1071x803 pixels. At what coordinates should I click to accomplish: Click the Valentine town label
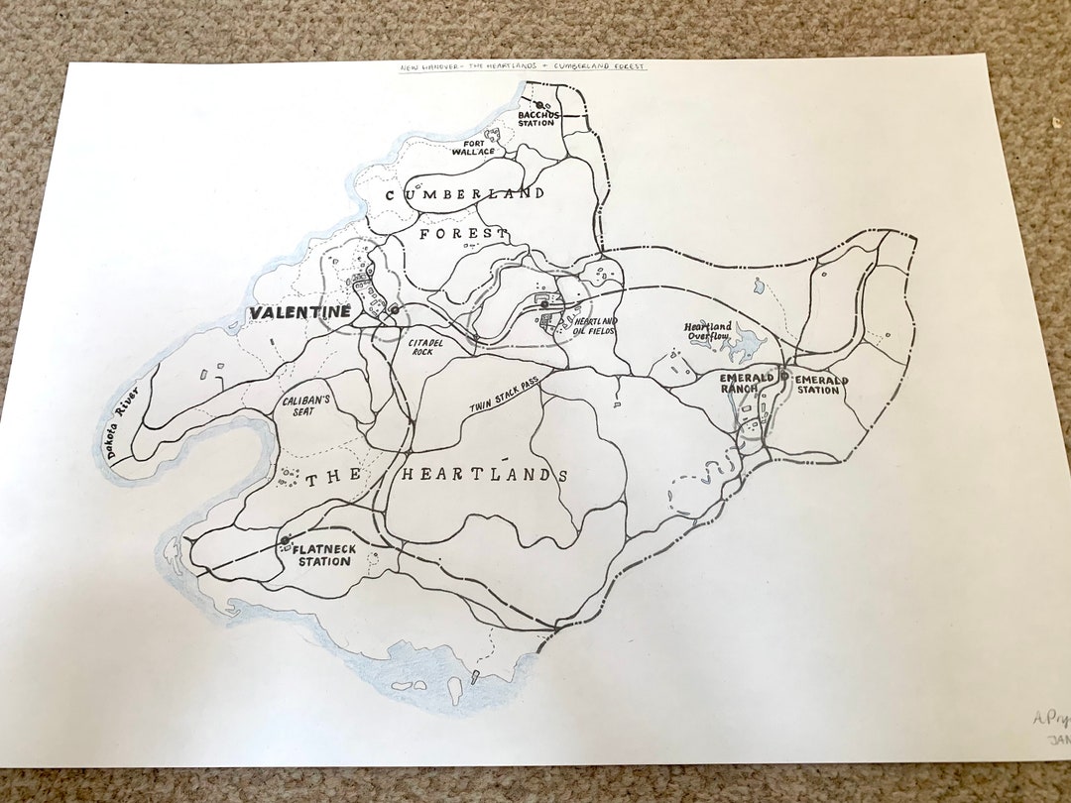300,312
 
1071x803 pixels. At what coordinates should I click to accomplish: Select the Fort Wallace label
473,147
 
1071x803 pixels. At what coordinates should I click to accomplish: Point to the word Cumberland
464,194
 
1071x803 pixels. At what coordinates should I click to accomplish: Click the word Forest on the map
463,234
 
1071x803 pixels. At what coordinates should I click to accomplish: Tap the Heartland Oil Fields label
595,326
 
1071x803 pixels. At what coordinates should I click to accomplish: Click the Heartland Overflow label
708,332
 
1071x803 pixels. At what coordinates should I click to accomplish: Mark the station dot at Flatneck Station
286,540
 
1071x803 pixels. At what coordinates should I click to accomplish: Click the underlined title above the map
523,67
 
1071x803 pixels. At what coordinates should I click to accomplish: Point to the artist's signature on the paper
1049,721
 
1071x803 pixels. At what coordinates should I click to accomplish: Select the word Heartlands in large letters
484,476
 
